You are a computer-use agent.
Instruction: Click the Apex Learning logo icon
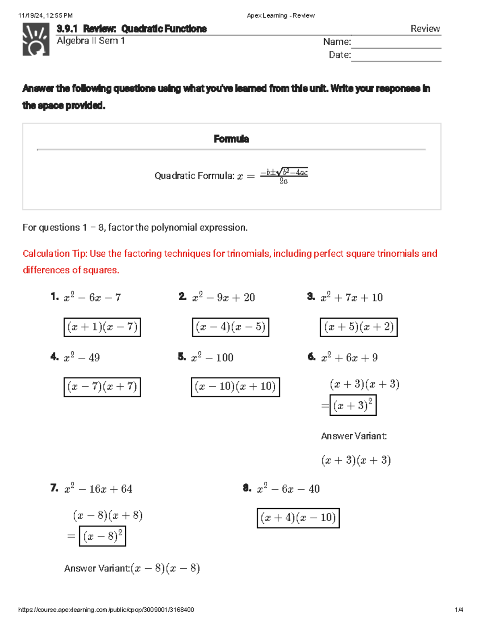click(x=36, y=39)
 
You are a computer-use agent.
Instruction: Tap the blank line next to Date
click(x=396, y=56)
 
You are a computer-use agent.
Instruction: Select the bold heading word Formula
click(x=231, y=139)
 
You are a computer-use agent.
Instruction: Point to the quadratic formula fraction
click(x=284, y=176)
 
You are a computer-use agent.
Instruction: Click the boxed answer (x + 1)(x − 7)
click(x=102, y=327)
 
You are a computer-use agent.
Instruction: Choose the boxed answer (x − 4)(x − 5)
click(x=230, y=327)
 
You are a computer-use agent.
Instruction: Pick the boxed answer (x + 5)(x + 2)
click(x=359, y=327)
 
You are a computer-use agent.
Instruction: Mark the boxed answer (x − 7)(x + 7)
click(x=102, y=387)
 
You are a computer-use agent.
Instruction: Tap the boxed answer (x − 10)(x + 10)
click(x=235, y=387)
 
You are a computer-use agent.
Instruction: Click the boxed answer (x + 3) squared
click(x=353, y=405)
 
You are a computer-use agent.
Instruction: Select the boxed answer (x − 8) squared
click(x=103, y=536)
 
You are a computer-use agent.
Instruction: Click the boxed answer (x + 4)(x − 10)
click(x=298, y=518)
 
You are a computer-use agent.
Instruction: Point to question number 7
click(x=54, y=488)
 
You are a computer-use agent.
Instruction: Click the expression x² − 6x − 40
click(x=288, y=489)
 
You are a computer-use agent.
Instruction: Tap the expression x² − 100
click(x=212, y=357)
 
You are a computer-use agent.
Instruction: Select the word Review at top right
click(x=425, y=29)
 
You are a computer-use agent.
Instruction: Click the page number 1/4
click(x=459, y=610)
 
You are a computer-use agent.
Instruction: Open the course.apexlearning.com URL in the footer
click(x=106, y=610)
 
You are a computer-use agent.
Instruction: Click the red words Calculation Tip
click(x=54, y=254)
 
